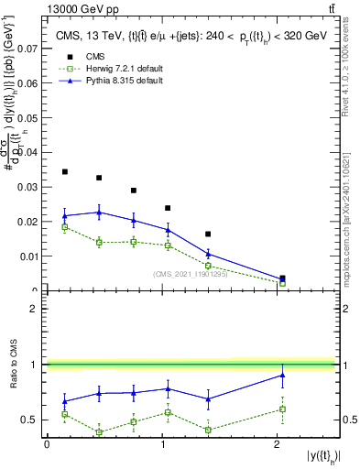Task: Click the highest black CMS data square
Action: (64, 171)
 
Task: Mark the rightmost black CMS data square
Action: (282, 278)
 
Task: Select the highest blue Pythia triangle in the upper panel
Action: (99, 213)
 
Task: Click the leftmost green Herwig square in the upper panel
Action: (64, 226)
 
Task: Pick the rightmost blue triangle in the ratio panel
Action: (282, 375)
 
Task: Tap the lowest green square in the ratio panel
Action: (99, 432)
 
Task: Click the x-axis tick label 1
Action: (162, 444)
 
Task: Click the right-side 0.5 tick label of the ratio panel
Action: (349, 420)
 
